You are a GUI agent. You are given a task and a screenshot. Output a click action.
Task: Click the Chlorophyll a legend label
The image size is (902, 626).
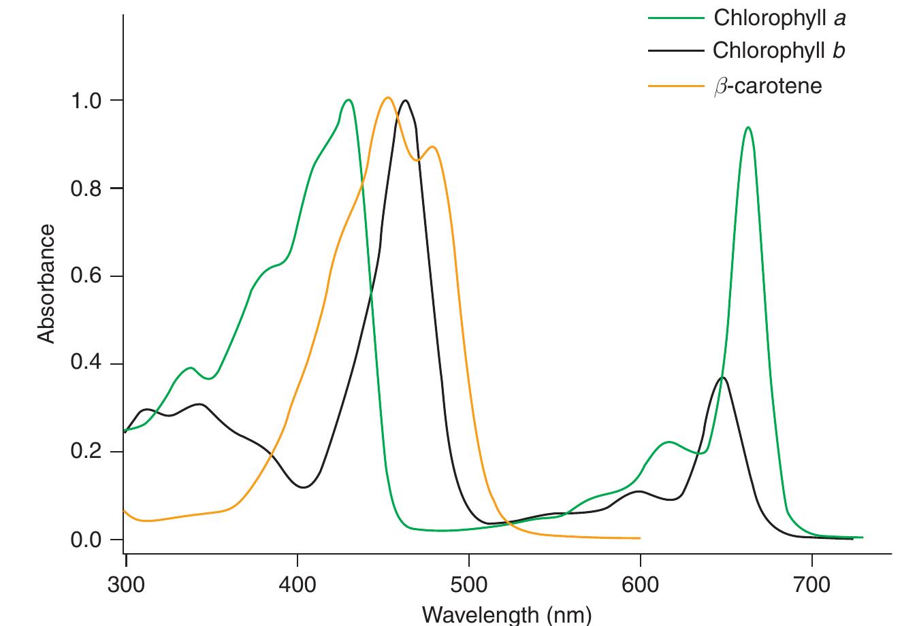pyautogui.click(x=779, y=18)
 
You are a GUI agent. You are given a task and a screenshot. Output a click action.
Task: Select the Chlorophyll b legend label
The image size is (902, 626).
pyautogui.click(x=779, y=51)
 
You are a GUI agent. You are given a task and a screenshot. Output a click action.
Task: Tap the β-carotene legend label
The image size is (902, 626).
pyautogui.click(x=767, y=86)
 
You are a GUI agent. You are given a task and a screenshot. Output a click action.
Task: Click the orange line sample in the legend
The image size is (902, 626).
pyautogui.click(x=674, y=86)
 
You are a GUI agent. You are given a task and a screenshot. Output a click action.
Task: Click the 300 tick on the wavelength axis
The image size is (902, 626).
pyautogui.click(x=127, y=584)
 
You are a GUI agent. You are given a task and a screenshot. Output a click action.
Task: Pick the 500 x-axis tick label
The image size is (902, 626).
pyautogui.click(x=469, y=584)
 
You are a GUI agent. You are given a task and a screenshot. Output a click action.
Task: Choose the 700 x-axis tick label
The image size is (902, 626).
pyautogui.click(x=811, y=584)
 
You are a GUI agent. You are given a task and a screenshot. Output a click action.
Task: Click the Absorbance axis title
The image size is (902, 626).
pyautogui.click(x=46, y=284)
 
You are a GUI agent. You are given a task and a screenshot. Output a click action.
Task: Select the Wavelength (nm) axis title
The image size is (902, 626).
pyautogui.click(x=507, y=614)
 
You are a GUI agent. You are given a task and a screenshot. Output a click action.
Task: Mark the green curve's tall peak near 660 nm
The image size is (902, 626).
pyautogui.click(x=748, y=127)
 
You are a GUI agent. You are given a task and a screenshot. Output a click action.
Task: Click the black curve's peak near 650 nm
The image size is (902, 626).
pyautogui.click(x=722, y=378)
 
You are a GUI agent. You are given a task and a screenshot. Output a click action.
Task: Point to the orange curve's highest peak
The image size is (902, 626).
pyautogui.click(x=387, y=97)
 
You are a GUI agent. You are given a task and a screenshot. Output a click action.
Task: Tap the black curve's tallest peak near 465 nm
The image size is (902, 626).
pyautogui.click(x=406, y=101)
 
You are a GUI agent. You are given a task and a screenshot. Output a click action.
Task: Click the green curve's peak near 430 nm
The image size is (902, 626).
pyautogui.click(x=349, y=100)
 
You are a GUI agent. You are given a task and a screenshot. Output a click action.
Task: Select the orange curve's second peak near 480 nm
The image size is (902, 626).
pyautogui.click(x=432, y=147)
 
